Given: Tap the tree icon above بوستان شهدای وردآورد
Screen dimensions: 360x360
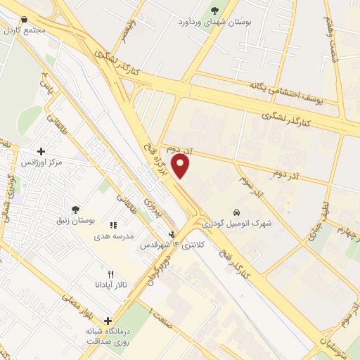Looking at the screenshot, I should click(215, 11).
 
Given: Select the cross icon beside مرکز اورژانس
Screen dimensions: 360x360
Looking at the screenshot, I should click(41, 151).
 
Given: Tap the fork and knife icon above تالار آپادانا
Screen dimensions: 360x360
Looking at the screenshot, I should click(110, 274).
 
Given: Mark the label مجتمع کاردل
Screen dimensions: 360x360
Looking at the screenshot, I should click(24, 31).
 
